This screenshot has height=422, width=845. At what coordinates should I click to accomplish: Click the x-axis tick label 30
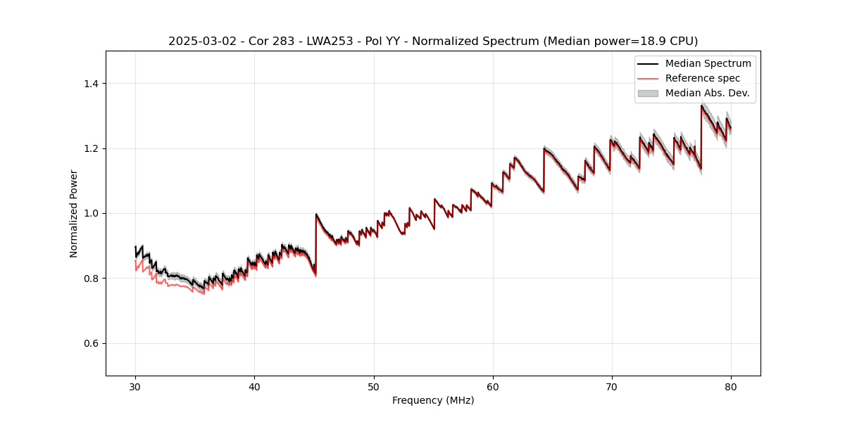[x=136, y=386]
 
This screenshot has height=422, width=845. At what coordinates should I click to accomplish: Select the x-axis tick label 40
[x=255, y=386]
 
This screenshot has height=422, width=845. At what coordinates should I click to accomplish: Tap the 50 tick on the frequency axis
[x=374, y=386]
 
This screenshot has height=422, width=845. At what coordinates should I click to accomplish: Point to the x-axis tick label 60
[x=493, y=386]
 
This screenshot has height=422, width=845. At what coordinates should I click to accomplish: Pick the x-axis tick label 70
[x=612, y=386]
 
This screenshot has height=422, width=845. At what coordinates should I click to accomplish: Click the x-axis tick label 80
[x=731, y=386]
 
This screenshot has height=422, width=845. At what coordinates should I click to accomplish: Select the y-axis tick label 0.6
[x=91, y=343]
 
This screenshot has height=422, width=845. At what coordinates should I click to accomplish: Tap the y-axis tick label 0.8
[x=91, y=279]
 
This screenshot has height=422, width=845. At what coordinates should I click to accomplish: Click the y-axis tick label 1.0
[x=91, y=213]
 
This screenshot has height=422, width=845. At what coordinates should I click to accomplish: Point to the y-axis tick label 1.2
[x=91, y=148]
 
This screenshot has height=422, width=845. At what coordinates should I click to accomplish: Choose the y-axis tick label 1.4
[x=91, y=84]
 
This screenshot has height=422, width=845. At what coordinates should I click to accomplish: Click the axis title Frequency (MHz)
[x=433, y=400]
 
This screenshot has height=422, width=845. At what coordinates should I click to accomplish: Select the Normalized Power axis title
[x=74, y=213]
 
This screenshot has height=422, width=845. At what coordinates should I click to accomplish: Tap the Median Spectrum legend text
[x=708, y=63]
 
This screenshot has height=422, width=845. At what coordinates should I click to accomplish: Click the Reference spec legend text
[x=703, y=78]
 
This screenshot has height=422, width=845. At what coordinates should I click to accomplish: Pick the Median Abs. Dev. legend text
[x=707, y=93]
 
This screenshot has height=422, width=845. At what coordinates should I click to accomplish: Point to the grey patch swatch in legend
[x=648, y=93]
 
